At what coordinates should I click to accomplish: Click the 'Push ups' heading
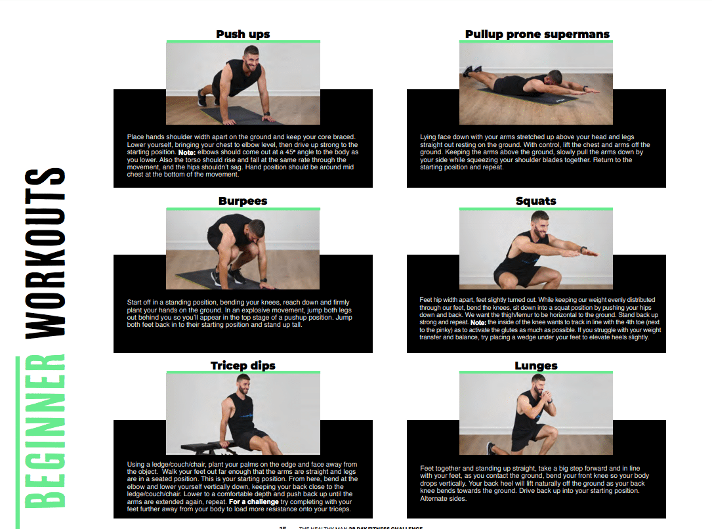tap(243, 34)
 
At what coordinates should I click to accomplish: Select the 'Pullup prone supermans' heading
tap(537, 34)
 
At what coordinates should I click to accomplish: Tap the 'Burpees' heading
tap(243, 201)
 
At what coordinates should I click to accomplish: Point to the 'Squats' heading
tap(536, 201)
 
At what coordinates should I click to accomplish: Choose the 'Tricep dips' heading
tap(243, 366)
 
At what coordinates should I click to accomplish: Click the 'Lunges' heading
tap(536, 366)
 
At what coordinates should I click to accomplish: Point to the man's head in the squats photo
tap(540, 222)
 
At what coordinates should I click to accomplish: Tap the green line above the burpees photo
tap(243, 209)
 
